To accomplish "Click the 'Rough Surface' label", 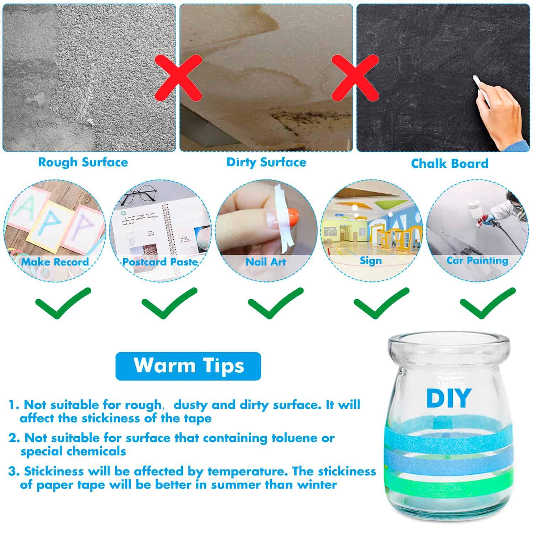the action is coord(83,162).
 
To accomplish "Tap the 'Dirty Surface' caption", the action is coord(266,162).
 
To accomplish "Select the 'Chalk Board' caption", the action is coord(449,163).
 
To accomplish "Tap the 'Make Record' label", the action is coord(55,262).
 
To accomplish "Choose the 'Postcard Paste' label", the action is coord(160,262).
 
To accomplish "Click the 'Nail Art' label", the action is coord(266,262).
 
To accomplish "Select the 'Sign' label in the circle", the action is coord(371,261).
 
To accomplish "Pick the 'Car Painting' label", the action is coord(477,260).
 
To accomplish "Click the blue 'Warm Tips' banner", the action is coord(188,366).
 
